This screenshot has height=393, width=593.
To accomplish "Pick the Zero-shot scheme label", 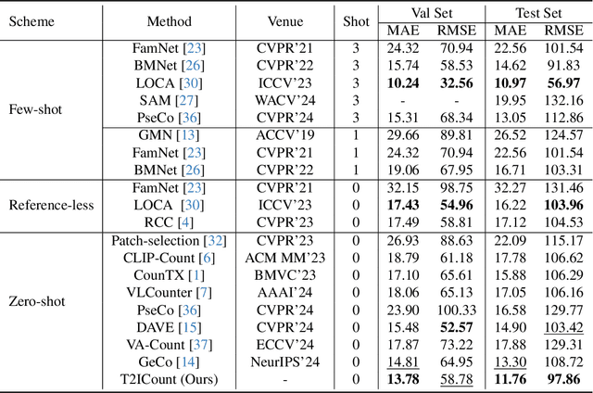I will pyautogui.click(x=37, y=301).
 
